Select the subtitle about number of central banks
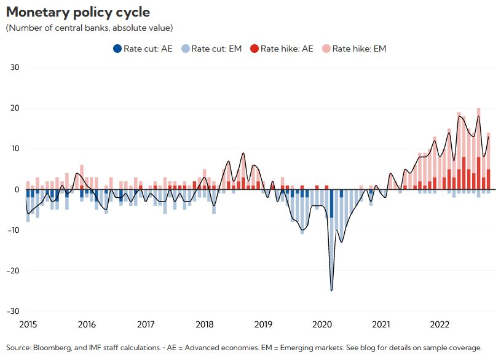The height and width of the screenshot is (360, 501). [89, 28]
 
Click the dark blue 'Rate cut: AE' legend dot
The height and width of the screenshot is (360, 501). [117, 49]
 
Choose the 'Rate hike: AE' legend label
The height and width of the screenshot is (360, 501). [286, 49]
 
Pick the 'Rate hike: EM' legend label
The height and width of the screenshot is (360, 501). [359, 49]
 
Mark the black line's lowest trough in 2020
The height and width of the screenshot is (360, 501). [332, 291]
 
